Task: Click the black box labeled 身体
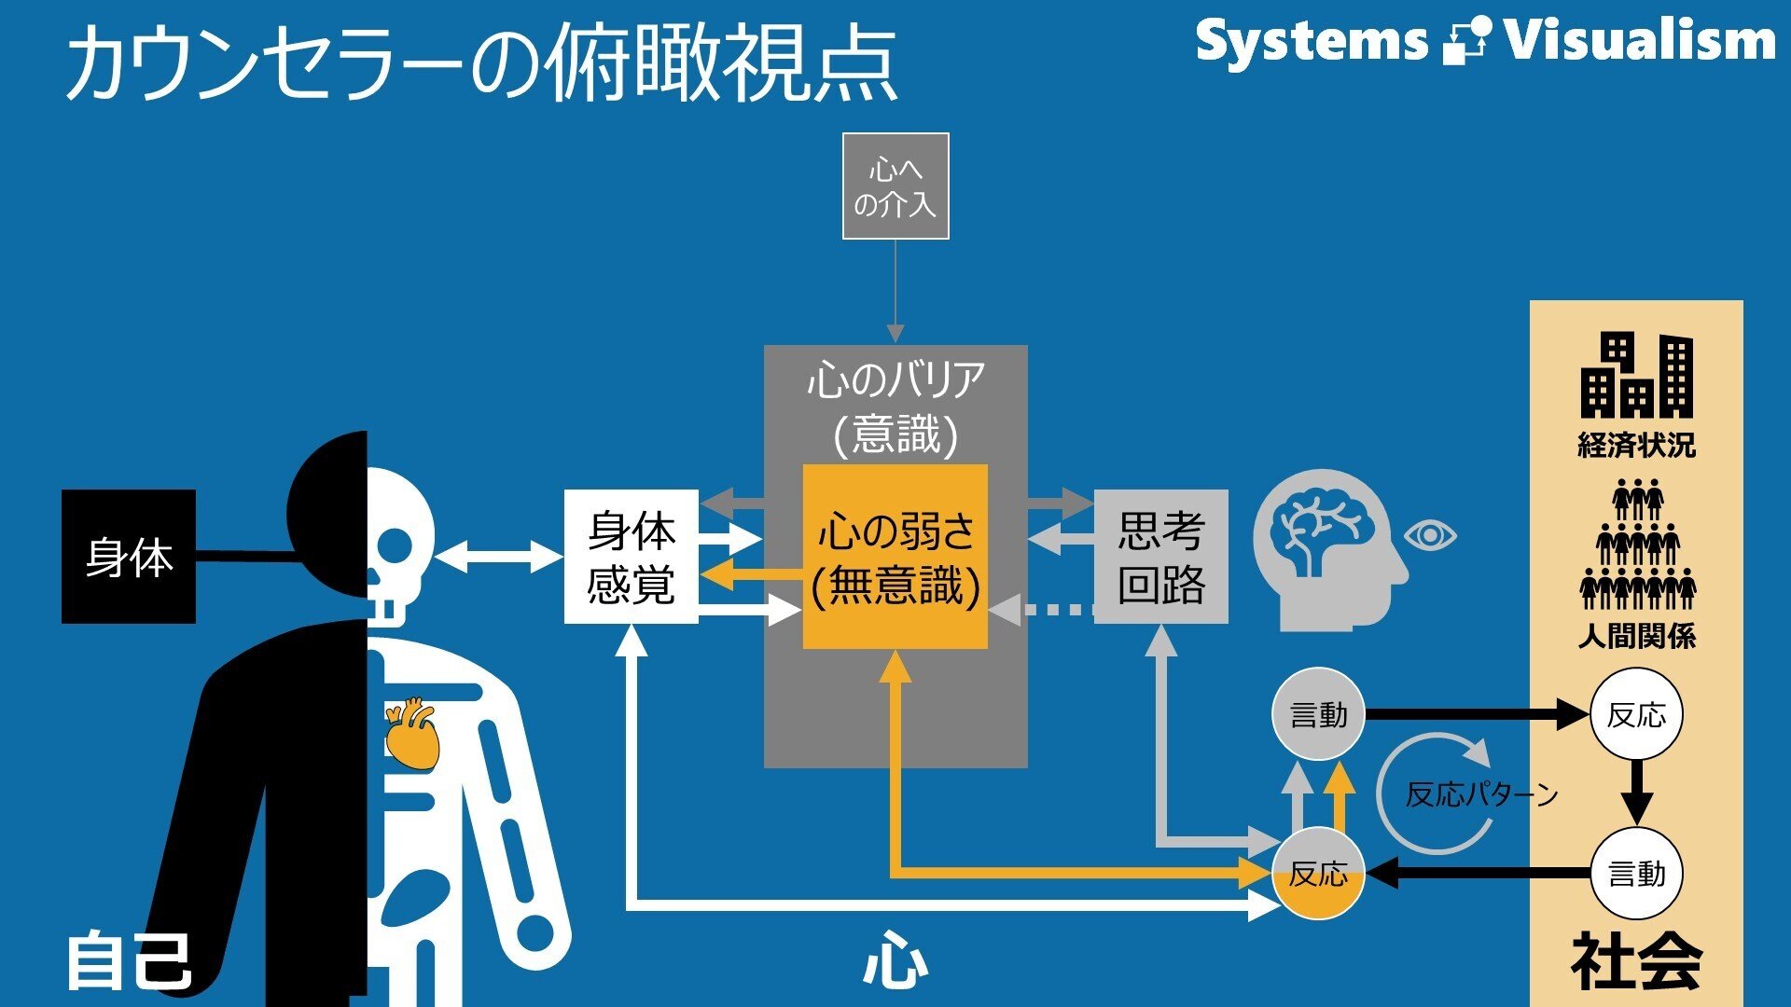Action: pos(129,557)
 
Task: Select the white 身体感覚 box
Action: pos(631,557)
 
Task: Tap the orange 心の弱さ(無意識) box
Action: pos(895,557)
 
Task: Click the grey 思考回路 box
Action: pos(1160,557)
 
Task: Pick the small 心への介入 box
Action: pos(895,186)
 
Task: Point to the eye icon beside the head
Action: pos(1430,535)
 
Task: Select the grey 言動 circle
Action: pos(1318,715)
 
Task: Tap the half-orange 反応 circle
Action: pos(1318,874)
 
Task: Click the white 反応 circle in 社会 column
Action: pos(1636,715)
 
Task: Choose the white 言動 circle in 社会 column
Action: pos(1636,874)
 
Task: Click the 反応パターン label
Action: pos(1481,794)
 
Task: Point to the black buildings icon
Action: pos(1636,376)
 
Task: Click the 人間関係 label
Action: pos(1636,637)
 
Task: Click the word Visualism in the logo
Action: pos(1639,40)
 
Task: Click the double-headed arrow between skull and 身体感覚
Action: pos(499,557)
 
